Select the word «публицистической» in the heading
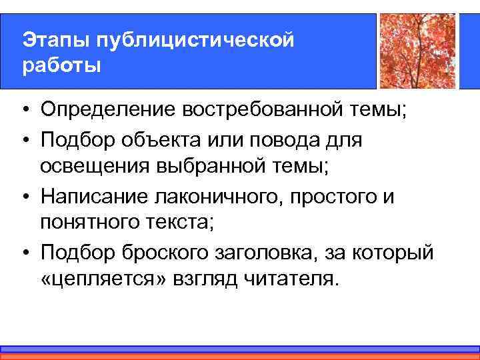tap(195, 40)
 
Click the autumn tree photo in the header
tap(417, 51)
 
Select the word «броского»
tap(158, 254)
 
